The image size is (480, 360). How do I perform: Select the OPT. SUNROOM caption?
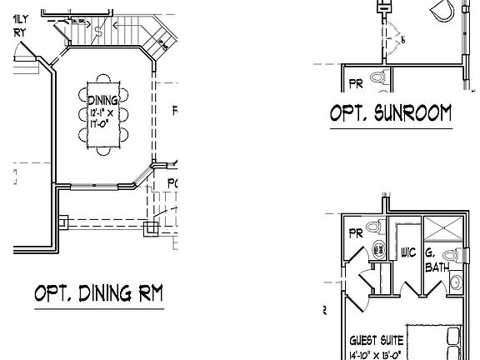389,113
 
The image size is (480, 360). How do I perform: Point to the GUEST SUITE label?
377,340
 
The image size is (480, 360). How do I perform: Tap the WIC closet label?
408,252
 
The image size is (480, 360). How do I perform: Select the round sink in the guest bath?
457,283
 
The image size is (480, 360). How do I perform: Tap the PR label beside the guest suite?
355,232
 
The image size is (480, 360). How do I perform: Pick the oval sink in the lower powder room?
377,248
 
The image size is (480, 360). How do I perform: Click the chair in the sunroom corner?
443,10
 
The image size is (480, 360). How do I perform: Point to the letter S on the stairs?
98,32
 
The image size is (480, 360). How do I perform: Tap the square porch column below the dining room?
151,227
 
